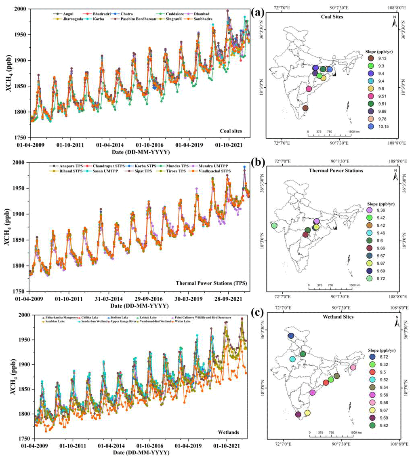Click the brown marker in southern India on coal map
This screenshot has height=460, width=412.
pyautogui.click(x=305, y=108)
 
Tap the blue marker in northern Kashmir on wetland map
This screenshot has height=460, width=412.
pyautogui.click(x=291, y=336)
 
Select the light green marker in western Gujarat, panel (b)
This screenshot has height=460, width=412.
pyautogui.click(x=274, y=226)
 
